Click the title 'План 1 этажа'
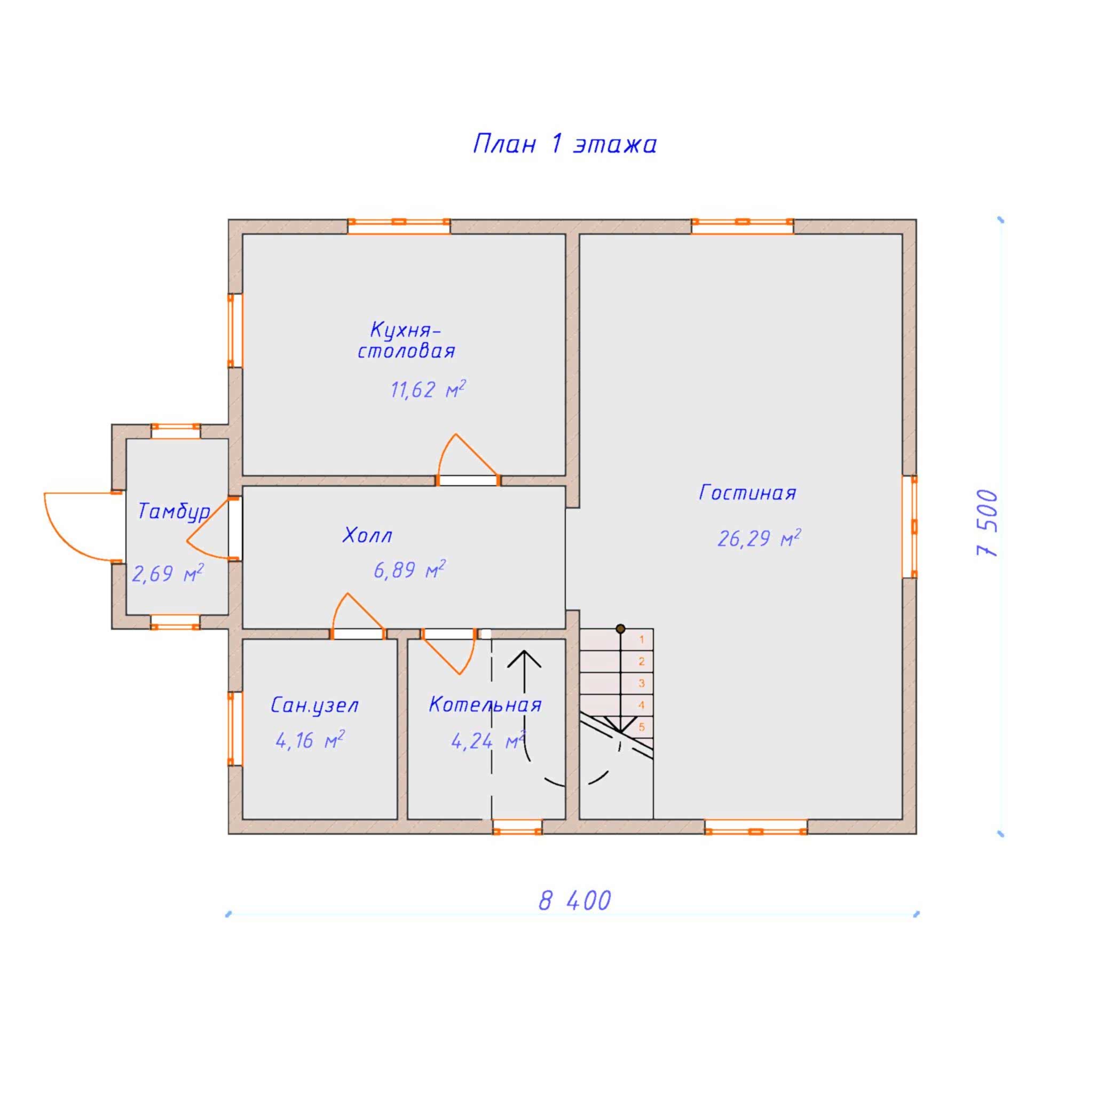564,144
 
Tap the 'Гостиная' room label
747,493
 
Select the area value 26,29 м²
759,538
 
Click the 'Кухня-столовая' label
406,341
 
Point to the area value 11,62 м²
428,390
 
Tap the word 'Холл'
367,535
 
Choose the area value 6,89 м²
409,569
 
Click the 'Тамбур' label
174,512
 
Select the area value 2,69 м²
168,573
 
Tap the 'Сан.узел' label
314,706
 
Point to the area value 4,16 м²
310,740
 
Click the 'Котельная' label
485,705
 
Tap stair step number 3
641,683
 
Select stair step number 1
641,639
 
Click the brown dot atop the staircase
620,629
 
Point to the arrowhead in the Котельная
524,659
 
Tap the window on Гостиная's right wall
910,527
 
